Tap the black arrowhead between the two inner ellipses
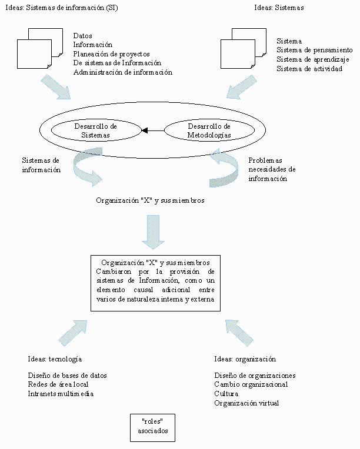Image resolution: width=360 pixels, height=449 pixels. pos(145,130)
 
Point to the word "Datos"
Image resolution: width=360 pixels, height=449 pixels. pos(82,36)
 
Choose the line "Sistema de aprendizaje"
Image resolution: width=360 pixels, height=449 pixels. pos(313,59)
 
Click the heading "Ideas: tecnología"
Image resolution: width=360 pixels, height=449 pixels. pos(55,359)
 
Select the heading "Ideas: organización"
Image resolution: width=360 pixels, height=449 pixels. pos(245,359)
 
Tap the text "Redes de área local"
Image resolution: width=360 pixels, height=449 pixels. pos(58,384)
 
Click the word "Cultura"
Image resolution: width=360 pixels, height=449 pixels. pos(226,394)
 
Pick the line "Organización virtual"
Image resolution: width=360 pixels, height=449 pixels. pos(246,403)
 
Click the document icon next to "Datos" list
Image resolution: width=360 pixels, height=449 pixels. pos(40,48)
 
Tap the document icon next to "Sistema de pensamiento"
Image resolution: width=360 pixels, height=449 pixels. pos(244,48)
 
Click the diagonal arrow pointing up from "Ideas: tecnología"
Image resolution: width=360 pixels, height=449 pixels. pos(73,333)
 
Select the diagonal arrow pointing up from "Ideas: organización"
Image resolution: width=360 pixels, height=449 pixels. pos(239,333)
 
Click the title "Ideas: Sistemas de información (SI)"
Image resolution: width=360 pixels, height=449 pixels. pos(62,8)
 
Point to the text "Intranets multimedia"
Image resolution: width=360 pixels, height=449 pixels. pos(61,394)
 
